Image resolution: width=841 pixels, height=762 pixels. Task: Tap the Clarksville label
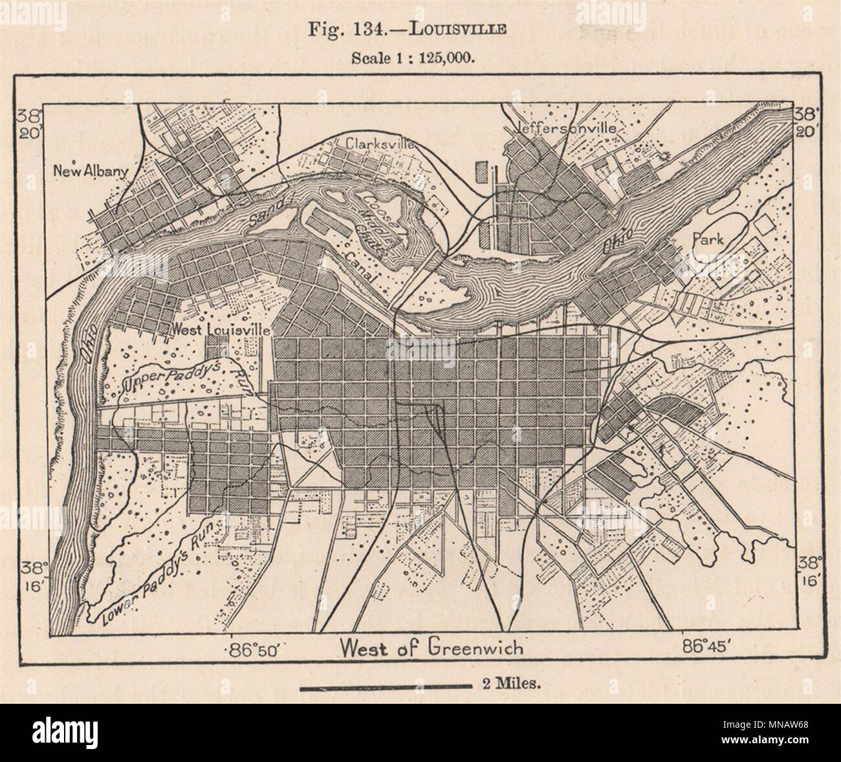(380, 143)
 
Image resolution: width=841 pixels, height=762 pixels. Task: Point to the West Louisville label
(219, 329)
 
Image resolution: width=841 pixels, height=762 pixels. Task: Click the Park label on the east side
(707, 239)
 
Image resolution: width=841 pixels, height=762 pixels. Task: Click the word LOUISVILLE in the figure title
(469, 28)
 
